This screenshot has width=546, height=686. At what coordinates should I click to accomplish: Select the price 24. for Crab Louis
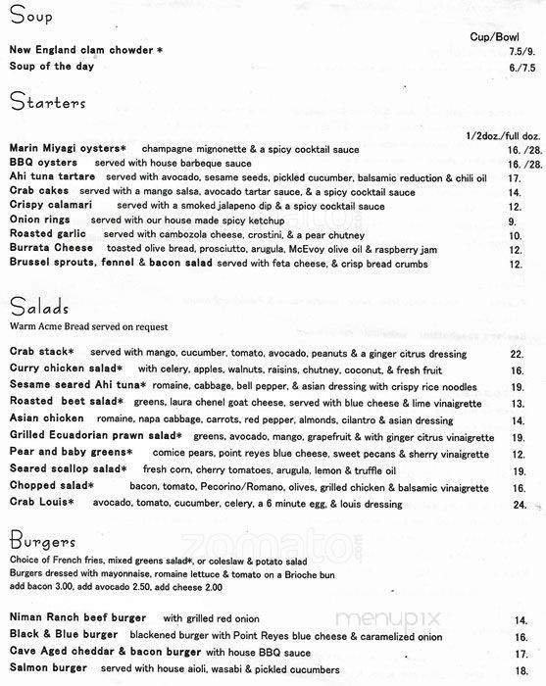click(519, 505)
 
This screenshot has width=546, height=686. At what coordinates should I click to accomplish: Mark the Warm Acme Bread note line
click(89, 325)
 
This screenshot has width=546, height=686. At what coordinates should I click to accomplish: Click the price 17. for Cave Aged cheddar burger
click(516, 653)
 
